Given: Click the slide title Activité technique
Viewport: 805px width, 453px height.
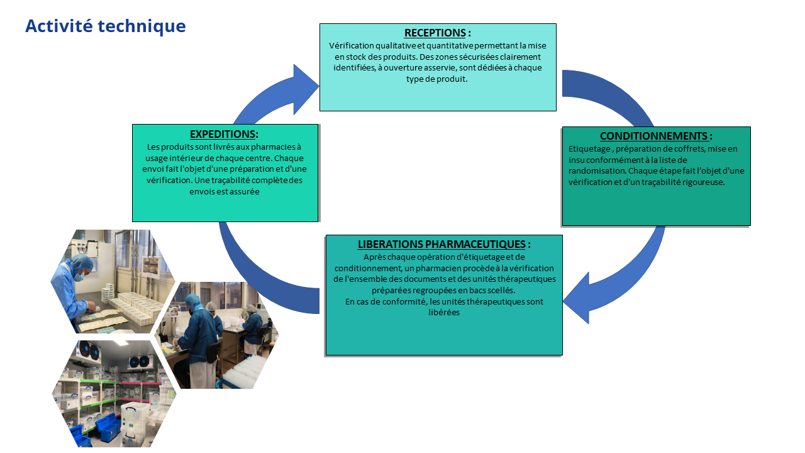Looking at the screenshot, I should (105, 26).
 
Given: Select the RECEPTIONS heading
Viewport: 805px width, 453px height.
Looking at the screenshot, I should (435, 33).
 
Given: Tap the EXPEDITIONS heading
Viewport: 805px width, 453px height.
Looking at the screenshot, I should (223, 134).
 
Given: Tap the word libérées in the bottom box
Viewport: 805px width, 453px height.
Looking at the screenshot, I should (444, 312).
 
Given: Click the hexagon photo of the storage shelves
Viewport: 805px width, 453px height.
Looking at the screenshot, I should (113, 393).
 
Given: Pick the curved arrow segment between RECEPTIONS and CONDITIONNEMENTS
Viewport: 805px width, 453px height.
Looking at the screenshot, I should (613, 94).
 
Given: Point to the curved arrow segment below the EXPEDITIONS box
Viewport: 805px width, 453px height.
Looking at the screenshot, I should (252, 271).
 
